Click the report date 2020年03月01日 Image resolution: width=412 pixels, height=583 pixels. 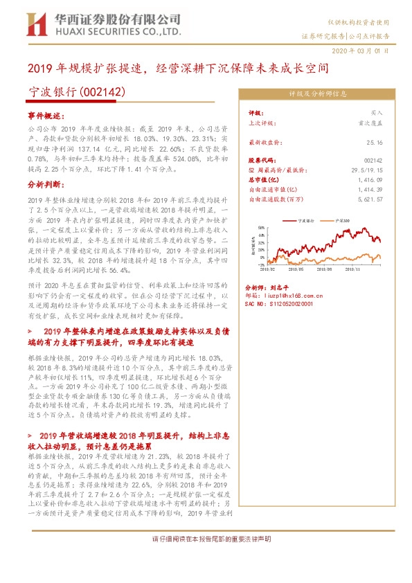(364, 51)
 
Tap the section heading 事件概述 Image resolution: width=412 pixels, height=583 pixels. (46, 115)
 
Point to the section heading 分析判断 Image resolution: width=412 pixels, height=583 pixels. (46, 186)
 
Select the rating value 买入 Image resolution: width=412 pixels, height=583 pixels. (377, 111)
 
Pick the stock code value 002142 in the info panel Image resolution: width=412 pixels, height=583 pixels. (374, 160)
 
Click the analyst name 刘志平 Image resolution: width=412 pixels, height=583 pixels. (280, 287)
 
